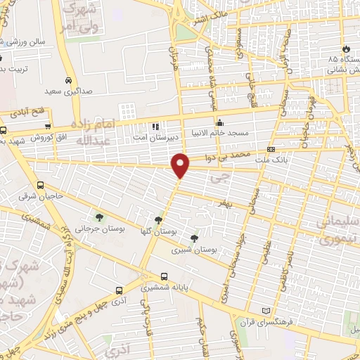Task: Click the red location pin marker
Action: point(181,165)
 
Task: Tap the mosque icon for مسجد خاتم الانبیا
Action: point(219,120)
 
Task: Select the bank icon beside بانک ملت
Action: point(271,150)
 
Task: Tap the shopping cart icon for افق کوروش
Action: point(47,127)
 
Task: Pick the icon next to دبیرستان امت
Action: point(155,127)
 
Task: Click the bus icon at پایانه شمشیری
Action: point(165,276)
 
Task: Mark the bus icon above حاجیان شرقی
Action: point(40,185)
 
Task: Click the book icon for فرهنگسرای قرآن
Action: point(265,310)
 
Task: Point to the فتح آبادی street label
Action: point(26,112)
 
